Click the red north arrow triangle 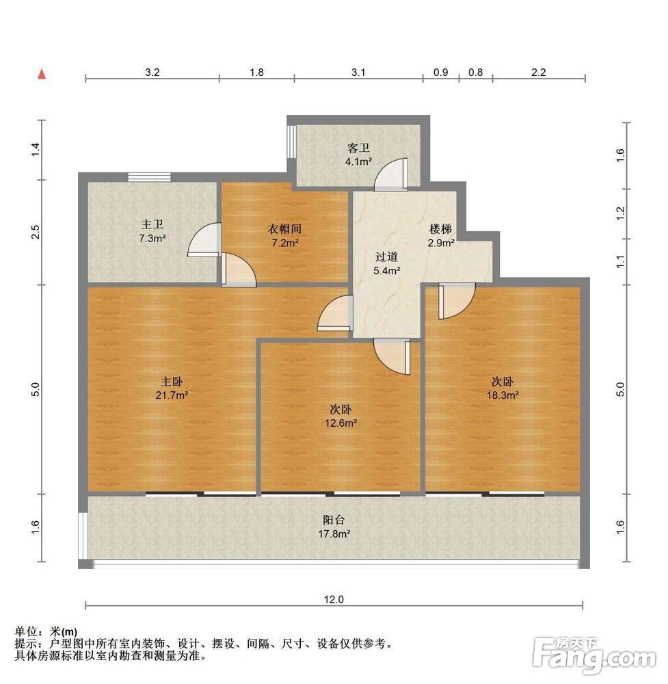tap(42, 74)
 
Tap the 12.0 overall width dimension tap(334, 599)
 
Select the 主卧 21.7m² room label tap(172, 389)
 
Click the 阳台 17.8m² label tap(334, 527)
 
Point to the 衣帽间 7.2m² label tap(284, 235)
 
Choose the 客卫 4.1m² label tap(358, 155)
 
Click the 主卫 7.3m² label tap(152, 231)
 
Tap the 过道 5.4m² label tap(386, 263)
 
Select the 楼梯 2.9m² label tap(441, 235)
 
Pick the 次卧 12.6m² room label tap(340, 416)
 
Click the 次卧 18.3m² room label tap(503, 389)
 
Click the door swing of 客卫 tap(390, 174)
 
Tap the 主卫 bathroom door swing tap(204, 239)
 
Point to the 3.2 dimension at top tap(152, 72)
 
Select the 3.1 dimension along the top tap(358, 72)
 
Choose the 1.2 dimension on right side tap(620, 213)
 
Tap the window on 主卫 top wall tap(149, 177)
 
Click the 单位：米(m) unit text tap(46, 631)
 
